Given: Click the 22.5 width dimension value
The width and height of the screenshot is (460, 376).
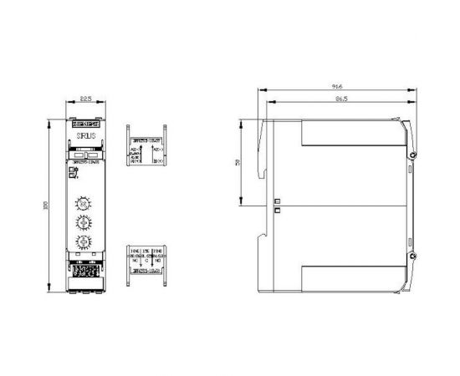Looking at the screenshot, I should coord(85,98).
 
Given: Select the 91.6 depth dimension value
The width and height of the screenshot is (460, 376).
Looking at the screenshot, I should coord(336,87).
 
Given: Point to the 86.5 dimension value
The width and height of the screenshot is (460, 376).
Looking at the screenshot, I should coord(336,99).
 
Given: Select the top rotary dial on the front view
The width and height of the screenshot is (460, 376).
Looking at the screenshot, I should coord(85,202).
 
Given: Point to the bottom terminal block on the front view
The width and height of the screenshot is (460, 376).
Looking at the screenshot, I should coord(85,272).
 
